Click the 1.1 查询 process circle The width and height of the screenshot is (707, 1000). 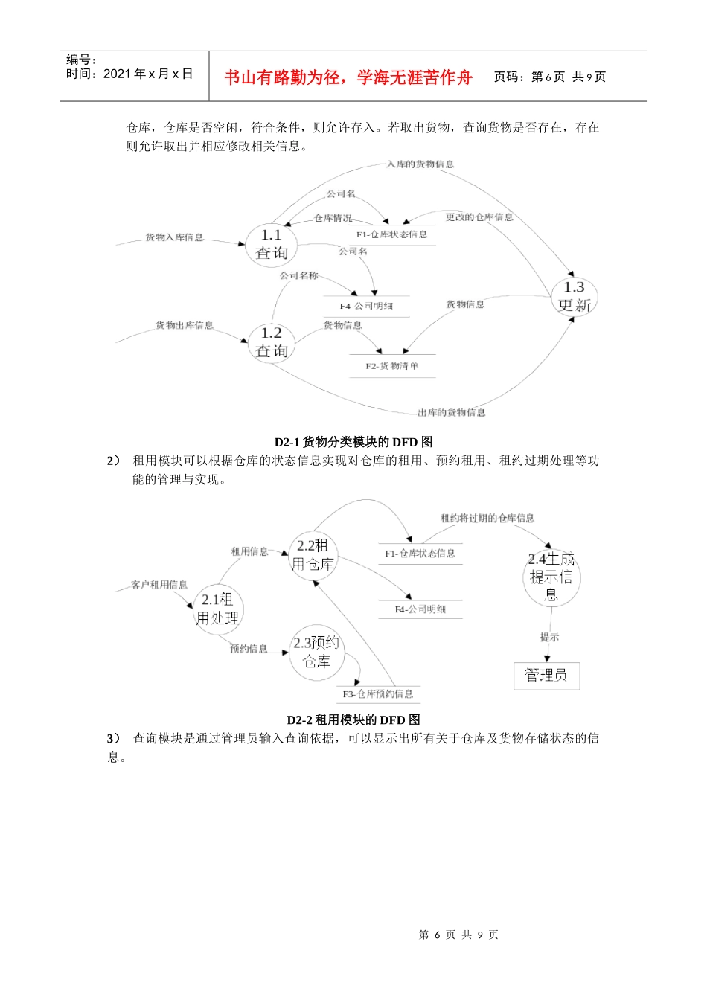click(x=272, y=244)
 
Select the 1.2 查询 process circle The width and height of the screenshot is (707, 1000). click(x=272, y=342)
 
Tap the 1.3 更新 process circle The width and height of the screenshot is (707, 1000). click(x=575, y=296)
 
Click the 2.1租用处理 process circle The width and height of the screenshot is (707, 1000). click(x=217, y=609)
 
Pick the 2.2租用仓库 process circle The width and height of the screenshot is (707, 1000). click(x=313, y=555)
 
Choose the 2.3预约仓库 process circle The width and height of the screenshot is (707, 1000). click(x=316, y=653)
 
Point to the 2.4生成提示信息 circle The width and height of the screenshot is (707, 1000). click(x=551, y=577)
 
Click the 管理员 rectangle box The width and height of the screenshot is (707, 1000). click(x=546, y=676)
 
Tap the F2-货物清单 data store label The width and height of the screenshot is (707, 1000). click(x=392, y=366)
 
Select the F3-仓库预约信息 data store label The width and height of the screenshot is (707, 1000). click(x=378, y=694)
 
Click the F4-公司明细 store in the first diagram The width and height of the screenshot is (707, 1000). click(x=366, y=306)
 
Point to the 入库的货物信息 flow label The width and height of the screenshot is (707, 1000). click(x=420, y=164)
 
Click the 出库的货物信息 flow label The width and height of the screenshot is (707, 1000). click(x=451, y=413)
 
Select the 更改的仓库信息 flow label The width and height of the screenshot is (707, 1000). click(x=479, y=217)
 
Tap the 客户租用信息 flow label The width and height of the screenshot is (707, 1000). click(x=159, y=585)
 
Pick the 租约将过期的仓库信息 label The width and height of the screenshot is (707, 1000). click(x=487, y=518)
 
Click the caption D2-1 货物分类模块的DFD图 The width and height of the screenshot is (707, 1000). click(x=353, y=442)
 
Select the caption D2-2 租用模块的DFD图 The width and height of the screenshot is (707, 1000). click(x=353, y=719)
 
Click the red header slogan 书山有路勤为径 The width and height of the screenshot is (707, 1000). click(x=348, y=77)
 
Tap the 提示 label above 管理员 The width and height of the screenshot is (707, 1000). click(x=549, y=637)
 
